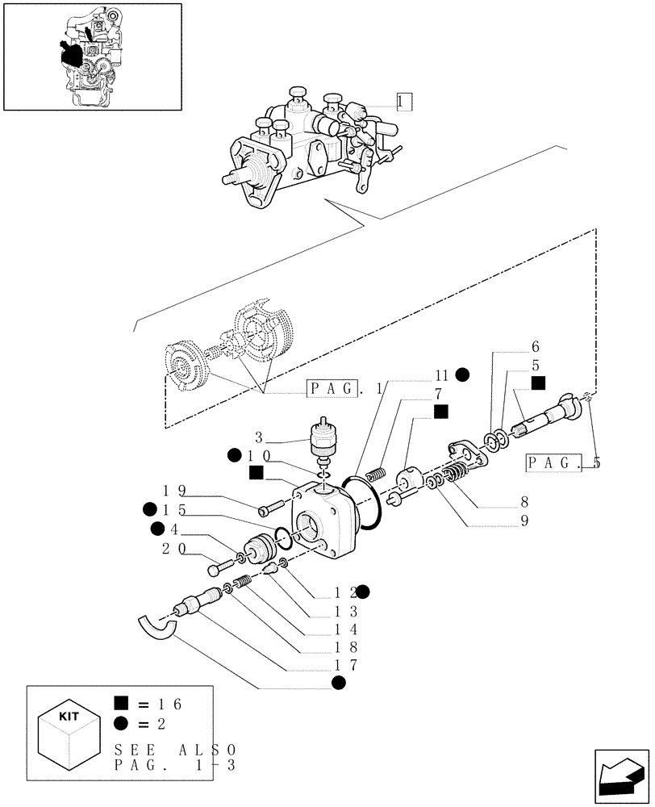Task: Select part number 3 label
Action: pos(259,438)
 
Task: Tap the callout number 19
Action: pos(175,490)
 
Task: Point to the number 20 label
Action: pos(175,549)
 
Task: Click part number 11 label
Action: pos(440,374)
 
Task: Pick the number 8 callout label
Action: pos(524,501)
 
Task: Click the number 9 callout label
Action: pos(524,521)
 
